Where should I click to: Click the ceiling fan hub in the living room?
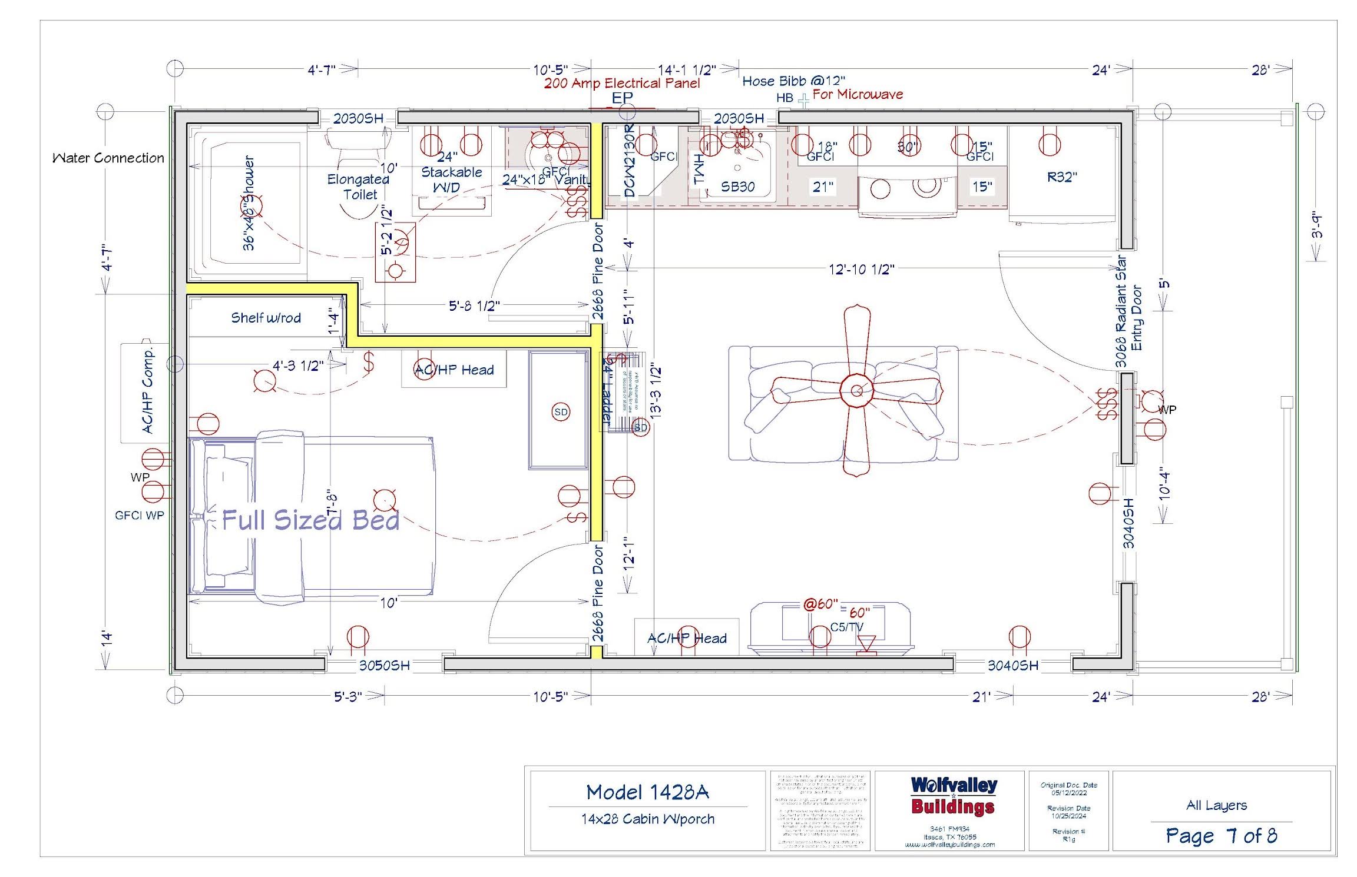(857, 390)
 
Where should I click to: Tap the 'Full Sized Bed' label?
(310, 520)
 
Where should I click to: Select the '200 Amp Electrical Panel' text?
(622, 84)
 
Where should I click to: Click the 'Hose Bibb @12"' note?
(793, 81)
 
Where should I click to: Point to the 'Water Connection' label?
(108, 158)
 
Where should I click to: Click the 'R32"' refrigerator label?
(1062, 177)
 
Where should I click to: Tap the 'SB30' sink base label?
(738, 187)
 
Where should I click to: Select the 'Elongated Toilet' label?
(359, 187)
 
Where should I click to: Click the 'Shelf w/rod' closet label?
(266, 318)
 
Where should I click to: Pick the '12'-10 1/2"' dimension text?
(861, 270)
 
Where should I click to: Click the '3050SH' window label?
(385, 666)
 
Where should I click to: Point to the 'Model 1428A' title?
(647, 792)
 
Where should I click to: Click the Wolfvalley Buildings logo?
(954, 796)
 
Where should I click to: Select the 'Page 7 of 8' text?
(1221, 836)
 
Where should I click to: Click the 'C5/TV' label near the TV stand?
(846, 627)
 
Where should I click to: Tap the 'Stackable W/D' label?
(451, 180)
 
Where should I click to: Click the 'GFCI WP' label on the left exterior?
(140, 516)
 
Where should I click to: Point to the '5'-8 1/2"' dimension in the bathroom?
(474, 306)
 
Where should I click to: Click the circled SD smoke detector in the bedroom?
(561, 412)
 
